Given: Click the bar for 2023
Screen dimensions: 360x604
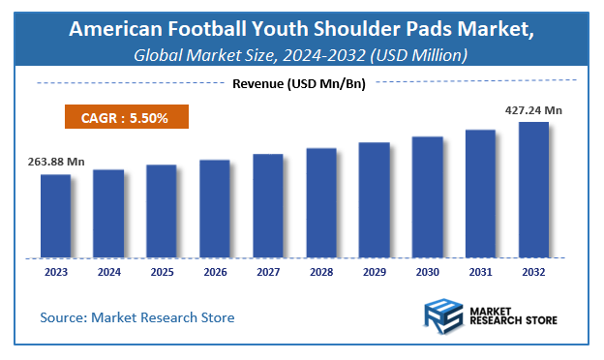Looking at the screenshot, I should tap(55, 216).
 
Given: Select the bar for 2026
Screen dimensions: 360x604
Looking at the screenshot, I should tap(215, 209).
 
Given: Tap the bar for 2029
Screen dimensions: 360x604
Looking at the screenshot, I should tap(374, 200).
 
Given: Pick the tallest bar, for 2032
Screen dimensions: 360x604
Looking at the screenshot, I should tap(533, 190).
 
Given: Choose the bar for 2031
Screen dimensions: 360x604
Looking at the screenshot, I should tap(480, 194).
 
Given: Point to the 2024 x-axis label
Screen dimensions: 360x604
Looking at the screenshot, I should tap(108, 273).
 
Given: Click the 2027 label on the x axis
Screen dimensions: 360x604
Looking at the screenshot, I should tap(268, 273).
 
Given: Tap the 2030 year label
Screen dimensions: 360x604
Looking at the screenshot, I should tap(427, 273).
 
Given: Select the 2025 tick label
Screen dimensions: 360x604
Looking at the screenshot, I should tap(162, 273).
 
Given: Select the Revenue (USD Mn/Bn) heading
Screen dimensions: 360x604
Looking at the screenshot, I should tap(300, 83).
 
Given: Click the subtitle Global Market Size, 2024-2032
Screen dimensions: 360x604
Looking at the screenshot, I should tap(301, 55).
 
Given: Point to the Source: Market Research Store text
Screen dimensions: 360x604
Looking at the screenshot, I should tap(137, 316).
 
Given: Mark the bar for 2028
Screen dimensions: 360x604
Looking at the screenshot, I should tap(321, 203).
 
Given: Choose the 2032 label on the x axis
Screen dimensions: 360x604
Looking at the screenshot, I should tap(533, 273).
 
